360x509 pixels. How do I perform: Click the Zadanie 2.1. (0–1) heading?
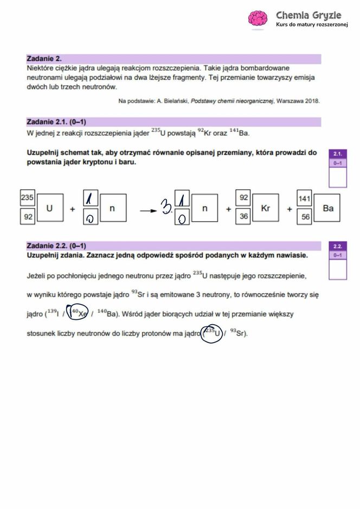coord(56,122)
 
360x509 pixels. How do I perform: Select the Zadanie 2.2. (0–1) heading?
coord(56,246)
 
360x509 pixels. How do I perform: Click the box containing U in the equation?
coord(49,208)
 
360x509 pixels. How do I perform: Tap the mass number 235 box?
coord(27,198)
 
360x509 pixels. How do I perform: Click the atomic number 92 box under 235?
coord(27,217)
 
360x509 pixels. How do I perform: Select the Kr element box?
coord(265,208)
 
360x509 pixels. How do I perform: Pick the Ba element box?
coord(328,208)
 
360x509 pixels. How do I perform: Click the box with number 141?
coord(304,199)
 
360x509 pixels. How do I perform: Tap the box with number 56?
coord(304,217)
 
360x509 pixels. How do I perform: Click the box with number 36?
coord(243,217)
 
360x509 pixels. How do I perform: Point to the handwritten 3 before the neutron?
coord(165,207)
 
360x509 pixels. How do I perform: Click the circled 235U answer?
coord(212,332)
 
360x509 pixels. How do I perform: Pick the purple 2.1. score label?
coord(338,154)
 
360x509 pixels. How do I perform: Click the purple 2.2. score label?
coord(338,246)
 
